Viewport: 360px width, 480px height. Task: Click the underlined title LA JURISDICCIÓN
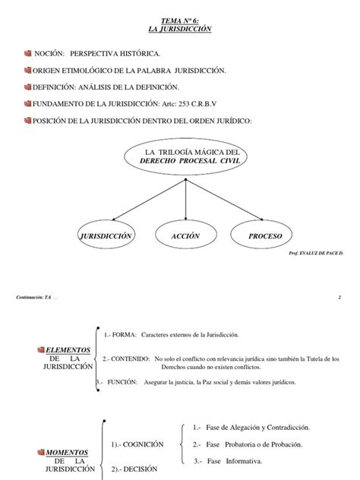pyautogui.click(x=179, y=29)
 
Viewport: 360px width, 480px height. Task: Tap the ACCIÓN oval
pyautogui.click(x=185, y=237)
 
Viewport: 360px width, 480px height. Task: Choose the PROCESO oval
pyautogui.click(x=264, y=237)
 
